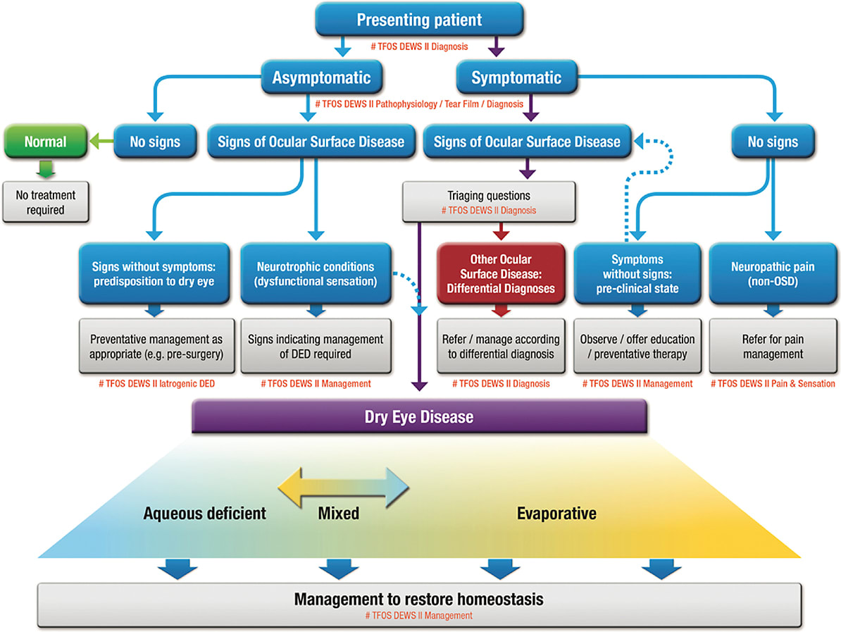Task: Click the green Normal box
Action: coord(45,142)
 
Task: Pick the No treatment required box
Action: coord(45,202)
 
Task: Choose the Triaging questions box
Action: coord(489,200)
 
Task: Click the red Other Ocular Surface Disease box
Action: coord(501,273)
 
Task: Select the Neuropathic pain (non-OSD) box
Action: coord(773,273)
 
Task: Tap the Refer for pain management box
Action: coord(773,347)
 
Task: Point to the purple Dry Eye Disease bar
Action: coord(420,416)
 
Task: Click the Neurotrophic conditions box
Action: coord(316,273)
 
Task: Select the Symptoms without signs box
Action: coord(637,273)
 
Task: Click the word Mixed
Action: coord(338,513)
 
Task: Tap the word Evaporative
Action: coord(556,513)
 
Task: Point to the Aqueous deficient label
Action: coord(204,513)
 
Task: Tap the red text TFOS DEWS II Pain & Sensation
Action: coord(773,384)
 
